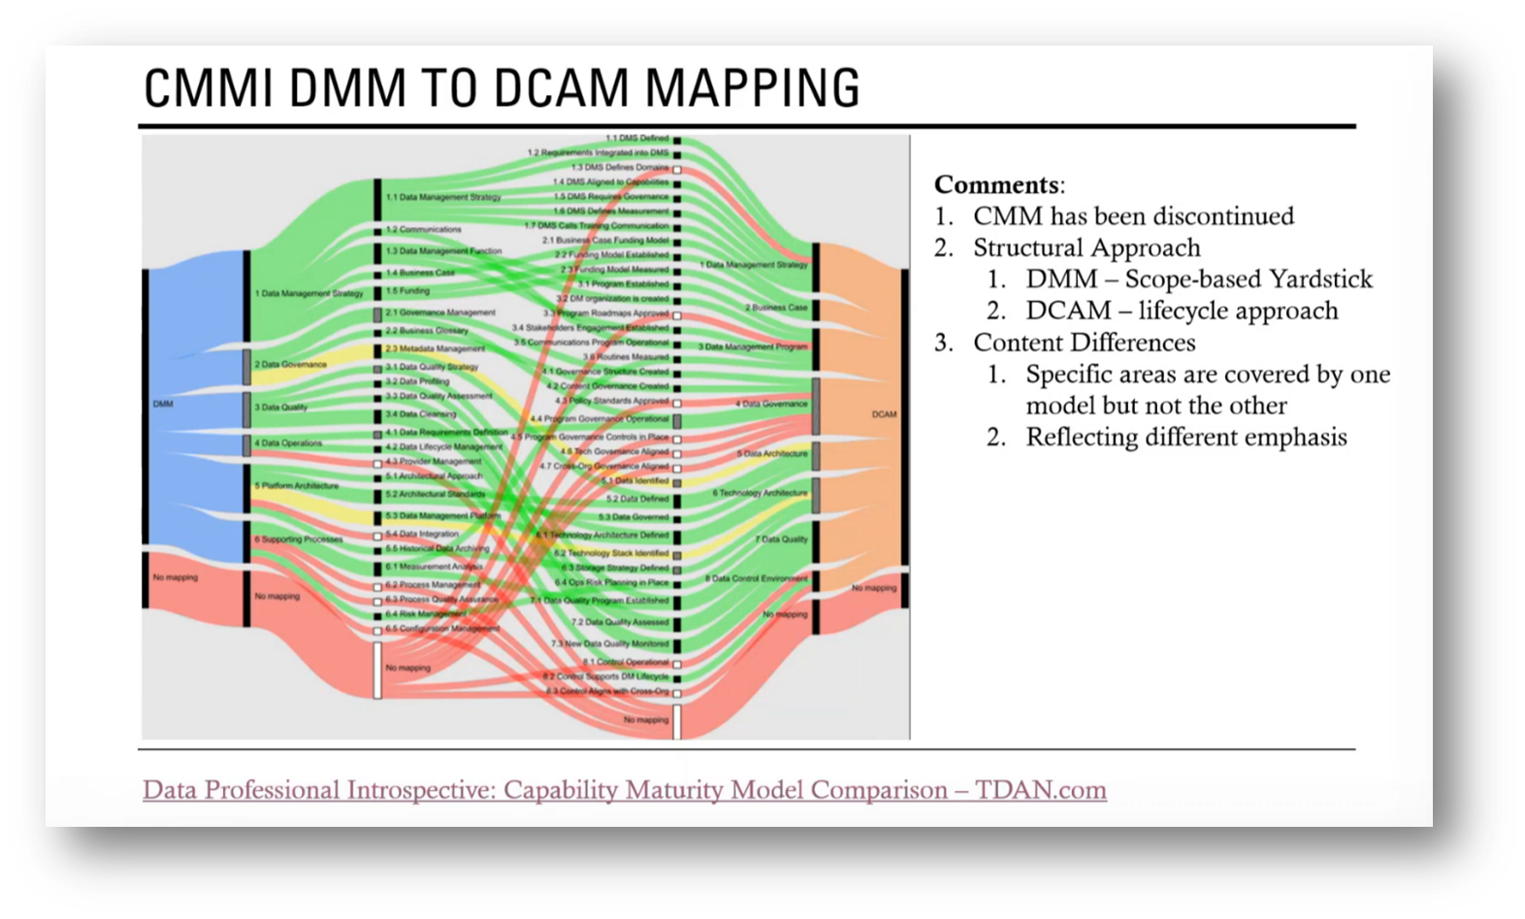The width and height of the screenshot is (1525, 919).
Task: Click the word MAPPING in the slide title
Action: (x=752, y=87)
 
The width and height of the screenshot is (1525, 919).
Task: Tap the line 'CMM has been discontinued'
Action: (x=1133, y=215)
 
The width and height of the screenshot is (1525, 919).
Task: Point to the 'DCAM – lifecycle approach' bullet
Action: (x=1182, y=311)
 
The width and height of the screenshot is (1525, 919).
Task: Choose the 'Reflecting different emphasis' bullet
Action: (x=1185, y=437)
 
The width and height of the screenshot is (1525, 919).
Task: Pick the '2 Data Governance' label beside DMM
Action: (x=290, y=365)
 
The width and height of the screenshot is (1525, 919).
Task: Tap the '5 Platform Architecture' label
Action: (x=296, y=485)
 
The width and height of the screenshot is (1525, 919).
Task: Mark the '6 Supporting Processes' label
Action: (x=299, y=540)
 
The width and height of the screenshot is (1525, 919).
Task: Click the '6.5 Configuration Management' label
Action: (x=441, y=629)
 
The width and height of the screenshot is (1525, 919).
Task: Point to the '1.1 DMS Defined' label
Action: (x=637, y=139)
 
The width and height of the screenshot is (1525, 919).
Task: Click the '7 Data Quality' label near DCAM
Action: (x=781, y=540)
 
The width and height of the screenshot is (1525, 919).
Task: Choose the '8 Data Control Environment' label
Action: (x=756, y=579)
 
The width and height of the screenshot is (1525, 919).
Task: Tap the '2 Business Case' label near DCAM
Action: (x=775, y=308)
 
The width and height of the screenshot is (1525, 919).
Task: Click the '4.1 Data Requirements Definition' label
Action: (x=445, y=432)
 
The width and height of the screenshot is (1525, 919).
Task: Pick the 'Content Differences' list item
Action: (x=1084, y=343)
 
